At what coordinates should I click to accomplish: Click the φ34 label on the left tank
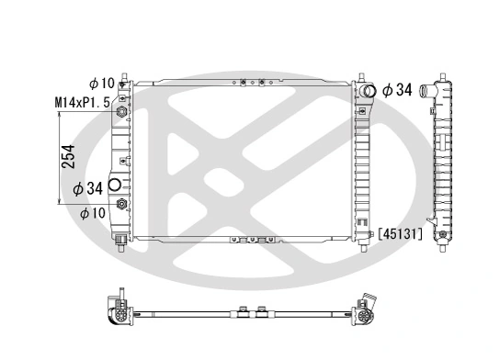pos(86,189)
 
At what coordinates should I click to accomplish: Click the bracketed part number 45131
pos(399,234)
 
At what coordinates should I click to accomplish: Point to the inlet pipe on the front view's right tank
pos(369,92)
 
